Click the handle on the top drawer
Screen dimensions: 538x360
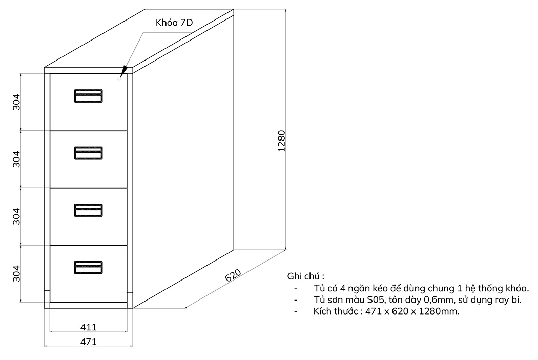[x=88, y=96]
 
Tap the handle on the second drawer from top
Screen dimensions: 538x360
[x=88, y=153]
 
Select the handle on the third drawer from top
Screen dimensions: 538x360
[x=88, y=210]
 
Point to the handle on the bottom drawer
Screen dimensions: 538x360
[x=88, y=268]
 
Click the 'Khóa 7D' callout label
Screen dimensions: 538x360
[x=174, y=23]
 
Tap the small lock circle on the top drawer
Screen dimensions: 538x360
[x=119, y=79]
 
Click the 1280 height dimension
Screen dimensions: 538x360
[x=281, y=141]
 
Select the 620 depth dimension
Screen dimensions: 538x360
[x=233, y=275]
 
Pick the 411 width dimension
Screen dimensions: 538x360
[x=89, y=327]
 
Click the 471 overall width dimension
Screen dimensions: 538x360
[x=89, y=342]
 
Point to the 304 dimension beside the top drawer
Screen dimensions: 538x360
[x=16, y=102]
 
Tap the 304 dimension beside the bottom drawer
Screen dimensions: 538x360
[x=16, y=273]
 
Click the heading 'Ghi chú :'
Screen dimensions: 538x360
[x=306, y=276]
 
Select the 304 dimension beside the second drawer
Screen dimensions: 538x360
[x=16, y=159]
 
